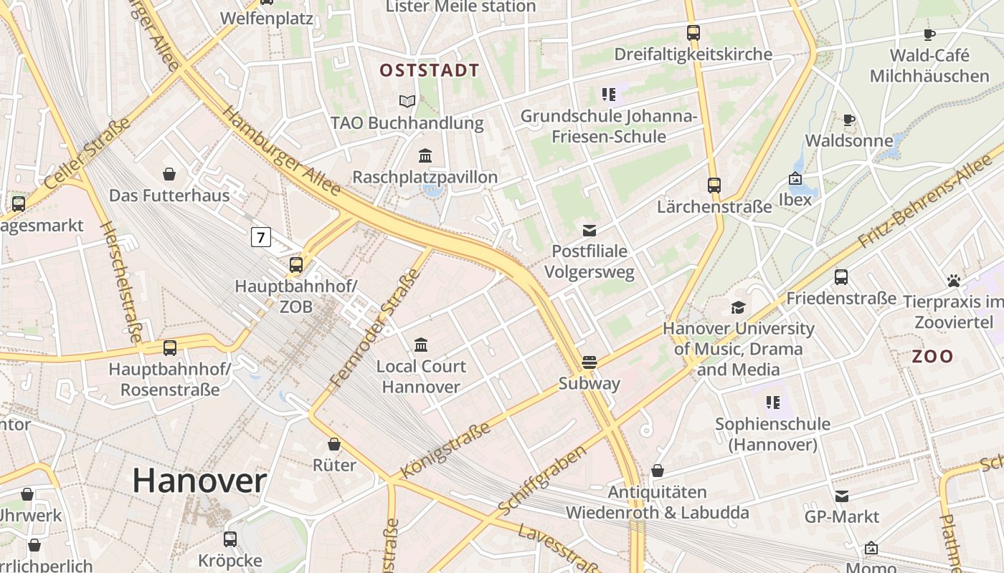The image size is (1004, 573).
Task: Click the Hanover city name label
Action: click(199, 481)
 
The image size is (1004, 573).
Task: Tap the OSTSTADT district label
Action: click(429, 70)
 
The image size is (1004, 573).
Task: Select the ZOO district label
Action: click(932, 356)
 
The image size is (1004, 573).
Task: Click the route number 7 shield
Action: click(260, 236)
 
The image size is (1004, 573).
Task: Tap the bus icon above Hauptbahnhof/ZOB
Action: click(296, 265)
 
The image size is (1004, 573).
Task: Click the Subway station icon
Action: click(589, 362)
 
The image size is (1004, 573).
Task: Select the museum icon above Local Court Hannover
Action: click(421, 345)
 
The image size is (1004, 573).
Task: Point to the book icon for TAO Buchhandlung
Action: click(407, 102)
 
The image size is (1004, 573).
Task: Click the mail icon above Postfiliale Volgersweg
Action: click(589, 230)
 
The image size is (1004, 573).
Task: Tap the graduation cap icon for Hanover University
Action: click(738, 308)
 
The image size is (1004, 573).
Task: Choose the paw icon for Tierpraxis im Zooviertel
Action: click(953, 281)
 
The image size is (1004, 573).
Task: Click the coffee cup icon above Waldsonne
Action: click(849, 120)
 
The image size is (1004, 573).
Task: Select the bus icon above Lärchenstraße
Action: click(714, 186)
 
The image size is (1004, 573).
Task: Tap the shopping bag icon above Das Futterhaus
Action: click(169, 174)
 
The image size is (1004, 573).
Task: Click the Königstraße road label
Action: click(445, 449)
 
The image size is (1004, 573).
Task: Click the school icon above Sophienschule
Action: click(772, 403)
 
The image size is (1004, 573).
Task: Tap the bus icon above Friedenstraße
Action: click(841, 276)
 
